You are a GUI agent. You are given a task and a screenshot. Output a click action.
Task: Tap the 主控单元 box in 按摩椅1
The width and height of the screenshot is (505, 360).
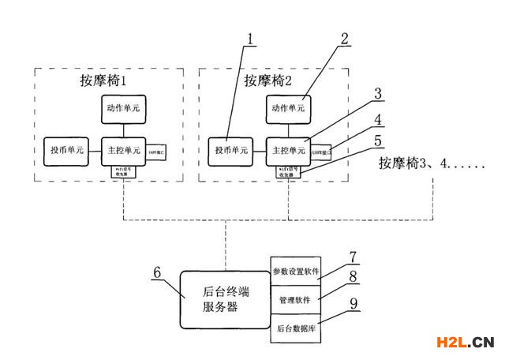tap(124, 150)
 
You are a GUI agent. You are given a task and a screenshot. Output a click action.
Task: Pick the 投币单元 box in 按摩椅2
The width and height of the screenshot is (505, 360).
tap(230, 150)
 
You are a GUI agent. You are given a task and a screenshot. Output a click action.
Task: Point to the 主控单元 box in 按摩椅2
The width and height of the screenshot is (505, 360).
tap(287, 150)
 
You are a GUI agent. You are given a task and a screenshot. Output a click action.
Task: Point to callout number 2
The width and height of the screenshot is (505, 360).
tap(344, 38)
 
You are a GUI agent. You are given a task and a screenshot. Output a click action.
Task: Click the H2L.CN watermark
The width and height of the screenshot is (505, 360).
tap(465, 342)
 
